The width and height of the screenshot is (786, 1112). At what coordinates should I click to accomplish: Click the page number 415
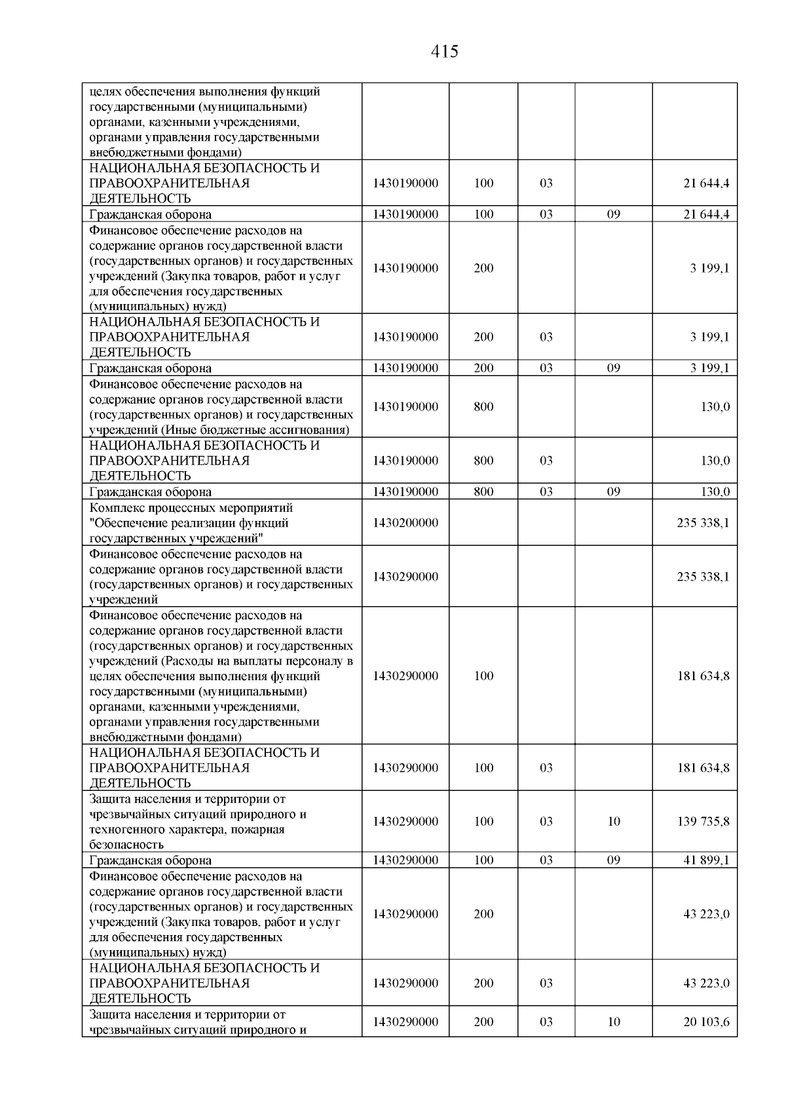445,52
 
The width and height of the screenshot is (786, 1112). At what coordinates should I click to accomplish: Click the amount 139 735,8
703,821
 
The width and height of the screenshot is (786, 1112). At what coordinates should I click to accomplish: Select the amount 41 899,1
706,860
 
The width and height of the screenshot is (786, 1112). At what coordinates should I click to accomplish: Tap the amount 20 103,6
706,1022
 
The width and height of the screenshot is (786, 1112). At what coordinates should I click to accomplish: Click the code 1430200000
405,523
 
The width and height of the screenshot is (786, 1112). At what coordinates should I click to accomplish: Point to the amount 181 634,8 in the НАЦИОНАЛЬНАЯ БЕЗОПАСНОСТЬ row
703,767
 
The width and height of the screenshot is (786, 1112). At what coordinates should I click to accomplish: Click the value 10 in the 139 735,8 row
613,821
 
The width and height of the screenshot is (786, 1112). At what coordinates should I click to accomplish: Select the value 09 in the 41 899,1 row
613,860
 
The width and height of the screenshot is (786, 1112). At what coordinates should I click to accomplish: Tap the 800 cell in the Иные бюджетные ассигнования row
483,406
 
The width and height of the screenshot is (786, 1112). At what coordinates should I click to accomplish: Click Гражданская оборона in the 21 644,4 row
150,214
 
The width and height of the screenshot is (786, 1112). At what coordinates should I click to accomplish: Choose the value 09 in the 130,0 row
613,491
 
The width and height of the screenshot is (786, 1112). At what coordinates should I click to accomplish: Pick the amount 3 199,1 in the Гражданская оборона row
709,368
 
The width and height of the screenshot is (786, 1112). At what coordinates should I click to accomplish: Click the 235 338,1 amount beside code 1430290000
703,577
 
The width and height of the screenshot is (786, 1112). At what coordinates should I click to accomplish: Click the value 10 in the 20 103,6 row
613,1022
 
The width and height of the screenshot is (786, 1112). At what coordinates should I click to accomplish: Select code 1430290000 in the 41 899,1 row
405,860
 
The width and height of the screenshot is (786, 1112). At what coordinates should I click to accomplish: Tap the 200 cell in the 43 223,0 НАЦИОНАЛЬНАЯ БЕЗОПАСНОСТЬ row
483,983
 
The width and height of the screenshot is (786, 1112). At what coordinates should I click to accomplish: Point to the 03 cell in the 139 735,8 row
546,821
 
